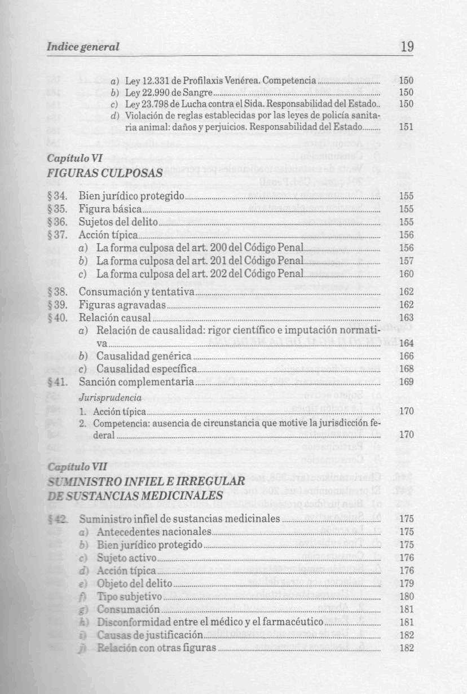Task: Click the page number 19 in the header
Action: pyautogui.click(x=407, y=46)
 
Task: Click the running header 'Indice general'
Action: pyautogui.click(x=83, y=47)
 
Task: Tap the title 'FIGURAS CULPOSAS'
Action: pyautogui.click(x=105, y=173)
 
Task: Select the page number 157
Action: pyautogui.click(x=406, y=261)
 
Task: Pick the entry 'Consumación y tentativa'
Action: pyautogui.click(x=136, y=292)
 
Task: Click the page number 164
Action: pyautogui.click(x=406, y=343)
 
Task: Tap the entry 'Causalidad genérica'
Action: pyautogui.click(x=144, y=357)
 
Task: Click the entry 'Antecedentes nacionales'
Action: pyautogui.click(x=154, y=532)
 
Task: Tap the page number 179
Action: pyautogui.click(x=406, y=583)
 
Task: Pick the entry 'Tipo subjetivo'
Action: pyautogui.click(x=130, y=596)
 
